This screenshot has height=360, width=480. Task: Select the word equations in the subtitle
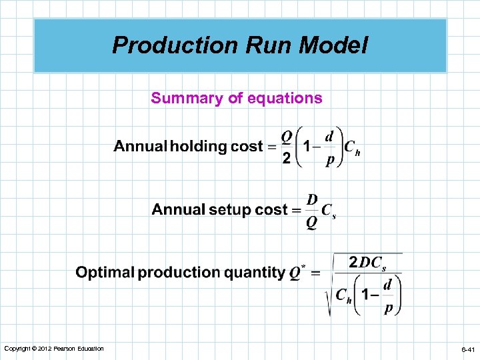tap(285, 99)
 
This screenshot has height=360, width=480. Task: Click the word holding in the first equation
tap(199, 147)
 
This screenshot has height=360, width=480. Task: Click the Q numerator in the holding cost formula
tap(286, 135)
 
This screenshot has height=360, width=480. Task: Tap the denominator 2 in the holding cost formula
tap(286, 159)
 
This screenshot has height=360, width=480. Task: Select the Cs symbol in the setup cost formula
tap(329, 211)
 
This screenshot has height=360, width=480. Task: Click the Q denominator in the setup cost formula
tap(312, 223)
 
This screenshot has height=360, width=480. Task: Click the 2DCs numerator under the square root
tap(367, 263)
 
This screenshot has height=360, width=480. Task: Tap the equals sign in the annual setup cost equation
tap(297, 210)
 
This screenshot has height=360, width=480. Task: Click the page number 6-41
tap(467, 349)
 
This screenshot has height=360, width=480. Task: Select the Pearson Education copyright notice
tap(53, 349)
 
